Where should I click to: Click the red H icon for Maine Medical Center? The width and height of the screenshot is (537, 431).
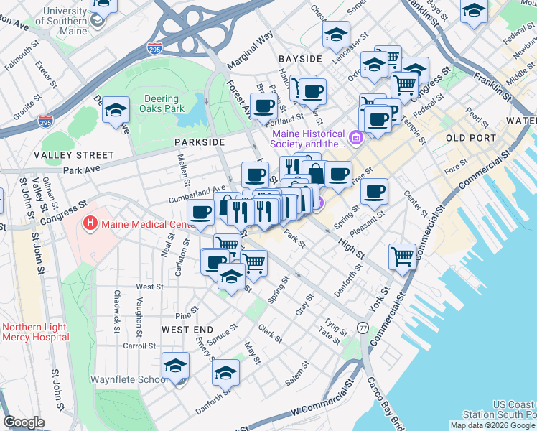(x=90, y=224)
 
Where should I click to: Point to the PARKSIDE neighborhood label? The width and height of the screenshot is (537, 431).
(x=200, y=142)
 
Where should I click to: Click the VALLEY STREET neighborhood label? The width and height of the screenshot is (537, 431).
(x=78, y=154)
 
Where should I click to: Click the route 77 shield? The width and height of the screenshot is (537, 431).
(x=363, y=328)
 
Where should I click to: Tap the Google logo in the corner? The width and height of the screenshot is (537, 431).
(x=24, y=422)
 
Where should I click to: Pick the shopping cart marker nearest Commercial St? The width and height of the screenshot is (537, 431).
(x=403, y=256)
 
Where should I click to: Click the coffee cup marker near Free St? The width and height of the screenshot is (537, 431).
(x=374, y=191)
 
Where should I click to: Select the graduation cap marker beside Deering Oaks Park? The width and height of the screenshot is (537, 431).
(x=116, y=111)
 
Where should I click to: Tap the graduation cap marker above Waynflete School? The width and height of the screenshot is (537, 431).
(x=176, y=366)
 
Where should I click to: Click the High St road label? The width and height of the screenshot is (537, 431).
(x=350, y=249)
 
